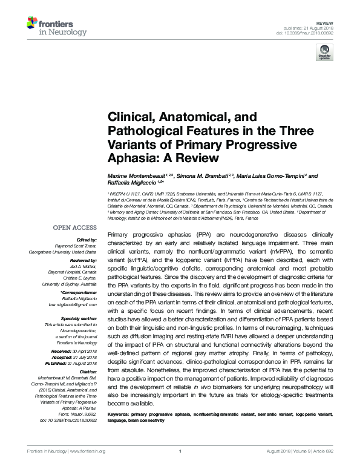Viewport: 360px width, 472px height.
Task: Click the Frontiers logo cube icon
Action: (x=34, y=24)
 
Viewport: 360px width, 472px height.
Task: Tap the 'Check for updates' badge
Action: (x=324, y=54)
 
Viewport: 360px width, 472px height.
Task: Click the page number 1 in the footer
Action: (x=180, y=467)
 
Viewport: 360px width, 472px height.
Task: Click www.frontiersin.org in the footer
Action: (x=88, y=467)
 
